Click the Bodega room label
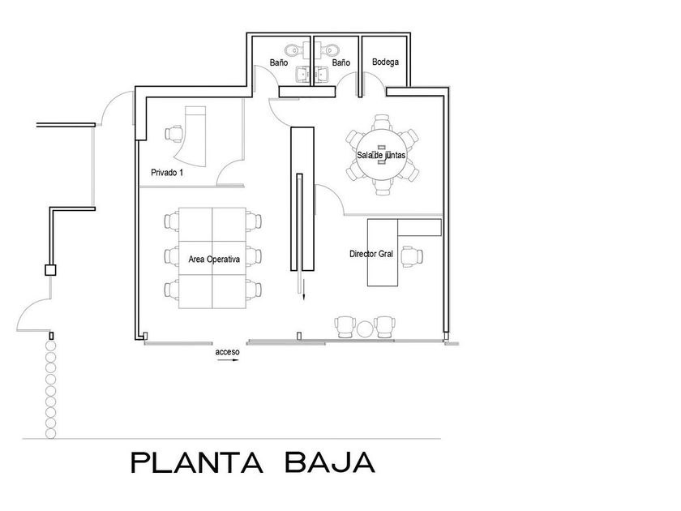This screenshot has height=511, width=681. [385, 62]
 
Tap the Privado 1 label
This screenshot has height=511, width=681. [167, 173]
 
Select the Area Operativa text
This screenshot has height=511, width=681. [214, 260]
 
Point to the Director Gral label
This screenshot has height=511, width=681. [371, 254]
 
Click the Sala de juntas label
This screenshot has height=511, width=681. [381, 155]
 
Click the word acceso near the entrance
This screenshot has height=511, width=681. [227, 352]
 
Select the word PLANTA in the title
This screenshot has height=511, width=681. [197, 462]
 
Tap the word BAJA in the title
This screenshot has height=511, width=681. [330, 462]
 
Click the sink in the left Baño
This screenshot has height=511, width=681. [302, 75]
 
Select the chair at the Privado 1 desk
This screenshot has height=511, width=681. [173, 133]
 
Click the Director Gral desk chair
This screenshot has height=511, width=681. [412, 256]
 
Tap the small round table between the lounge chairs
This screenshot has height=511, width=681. [364, 329]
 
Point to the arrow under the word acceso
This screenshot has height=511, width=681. [228, 360]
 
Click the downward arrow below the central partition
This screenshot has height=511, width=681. [303, 290]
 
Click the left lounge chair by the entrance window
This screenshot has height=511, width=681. [345, 327]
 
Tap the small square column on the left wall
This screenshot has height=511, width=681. [51, 270]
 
